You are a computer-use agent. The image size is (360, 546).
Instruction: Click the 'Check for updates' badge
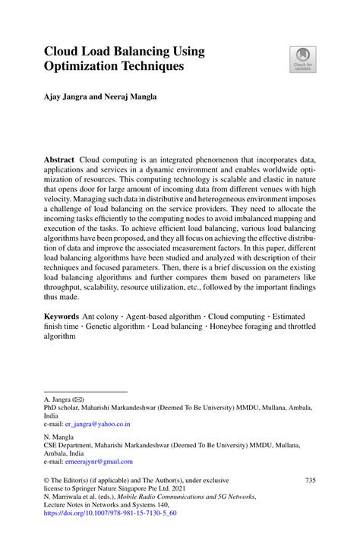coord(302,59)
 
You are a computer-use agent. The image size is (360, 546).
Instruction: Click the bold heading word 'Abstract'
coord(59,161)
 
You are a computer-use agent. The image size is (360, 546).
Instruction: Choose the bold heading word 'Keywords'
coord(62,314)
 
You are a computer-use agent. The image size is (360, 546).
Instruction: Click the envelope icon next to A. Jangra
coord(77,399)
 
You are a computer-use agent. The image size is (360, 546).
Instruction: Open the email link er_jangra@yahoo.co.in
coord(97,424)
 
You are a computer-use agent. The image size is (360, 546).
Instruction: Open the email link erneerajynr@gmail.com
coord(99,461)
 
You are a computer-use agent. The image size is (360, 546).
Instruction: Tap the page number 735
coord(309,481)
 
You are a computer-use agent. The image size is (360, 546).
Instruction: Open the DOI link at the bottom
coord(110,513)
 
